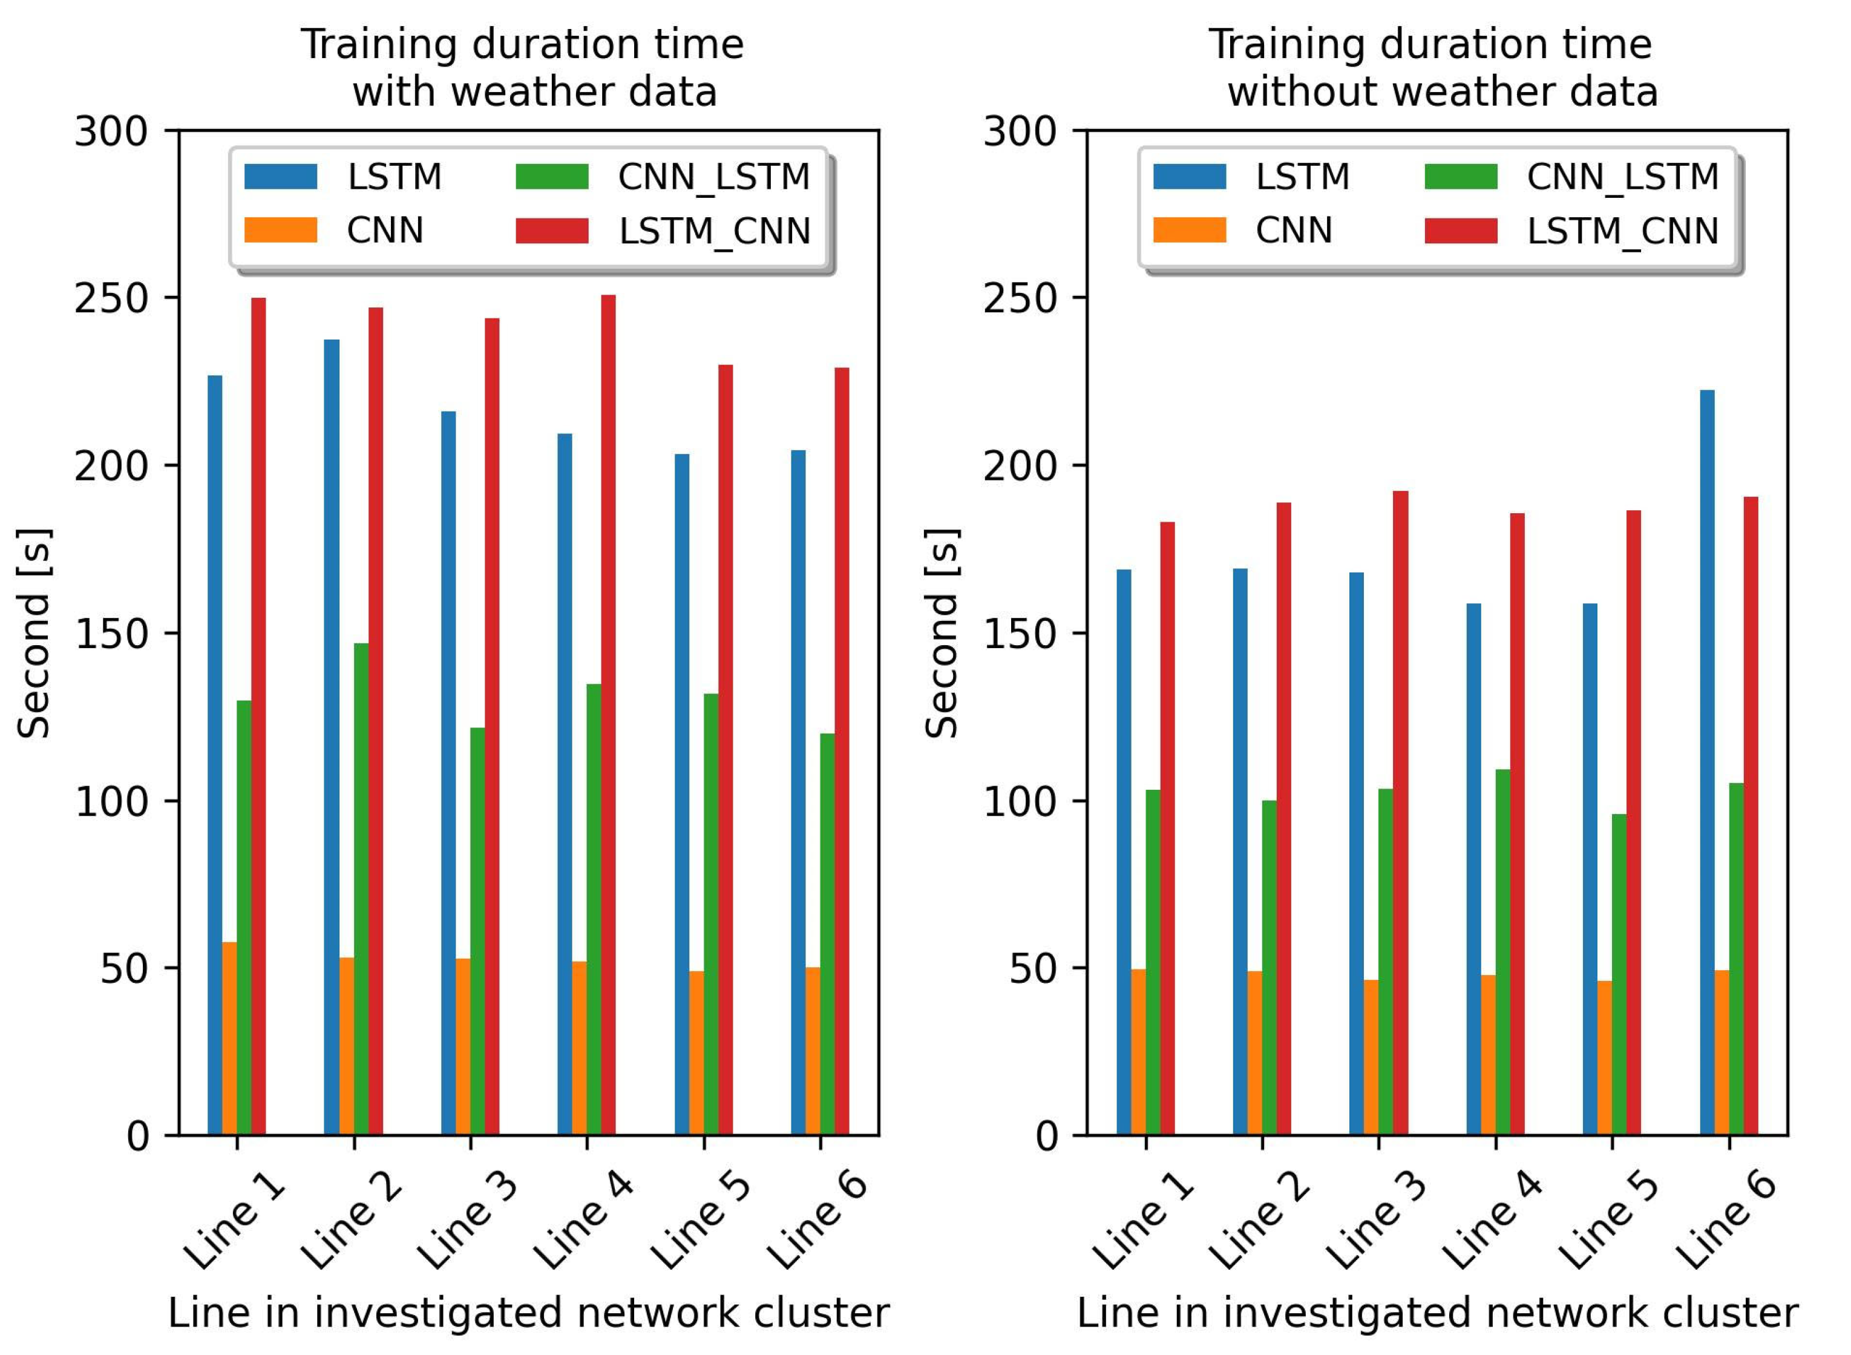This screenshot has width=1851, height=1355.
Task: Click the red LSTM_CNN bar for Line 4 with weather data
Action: point(608,714)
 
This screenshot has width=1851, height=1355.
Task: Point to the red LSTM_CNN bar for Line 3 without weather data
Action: point(1401,812)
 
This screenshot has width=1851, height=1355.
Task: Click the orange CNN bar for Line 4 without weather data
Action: point(1488,1055)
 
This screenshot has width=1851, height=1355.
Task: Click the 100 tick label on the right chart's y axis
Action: point(1021,801)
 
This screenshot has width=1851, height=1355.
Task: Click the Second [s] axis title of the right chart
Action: point(942,632)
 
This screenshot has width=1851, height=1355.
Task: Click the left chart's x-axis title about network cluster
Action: point(528,1313)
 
